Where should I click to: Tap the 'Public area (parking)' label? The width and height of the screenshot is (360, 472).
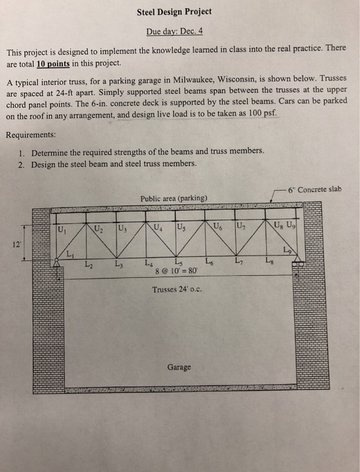tap(174, 198)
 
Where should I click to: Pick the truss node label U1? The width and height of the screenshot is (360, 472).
tap(63, 229)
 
